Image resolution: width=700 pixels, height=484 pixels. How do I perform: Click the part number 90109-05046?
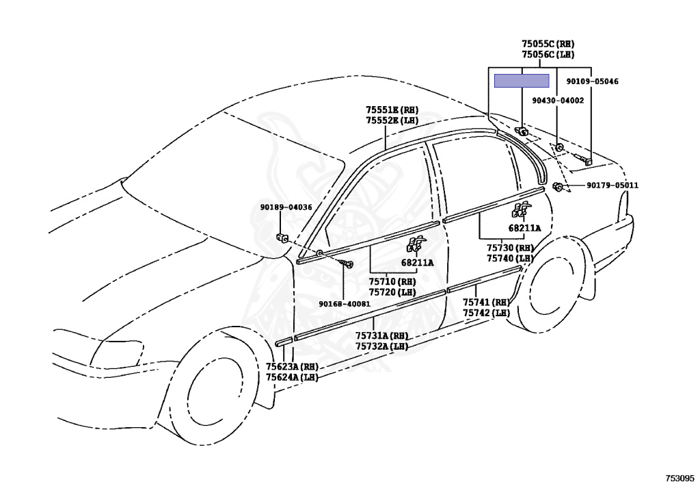[592, 81]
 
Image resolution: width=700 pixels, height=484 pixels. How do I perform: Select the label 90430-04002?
[558, 100]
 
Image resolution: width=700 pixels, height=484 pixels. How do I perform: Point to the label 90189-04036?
[286, 207]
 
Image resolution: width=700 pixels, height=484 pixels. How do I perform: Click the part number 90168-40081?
[345, 304]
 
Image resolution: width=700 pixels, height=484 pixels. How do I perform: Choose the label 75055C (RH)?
[548, 43]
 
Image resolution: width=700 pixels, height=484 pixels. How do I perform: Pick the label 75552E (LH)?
[391, 120]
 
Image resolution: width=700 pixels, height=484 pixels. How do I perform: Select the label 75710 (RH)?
[392, 281]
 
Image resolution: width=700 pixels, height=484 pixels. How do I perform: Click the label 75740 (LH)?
[510, 258]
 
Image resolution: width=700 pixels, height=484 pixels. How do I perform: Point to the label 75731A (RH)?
[381, 336]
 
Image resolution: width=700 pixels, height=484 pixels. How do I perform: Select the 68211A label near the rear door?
[524, 228]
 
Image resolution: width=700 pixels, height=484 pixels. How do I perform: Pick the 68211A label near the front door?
[418, 262]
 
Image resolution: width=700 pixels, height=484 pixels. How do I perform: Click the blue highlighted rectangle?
[522, 81]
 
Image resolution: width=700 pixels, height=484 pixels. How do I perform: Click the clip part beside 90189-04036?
[282, 238]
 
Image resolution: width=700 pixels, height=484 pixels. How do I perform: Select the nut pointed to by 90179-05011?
[558, 186]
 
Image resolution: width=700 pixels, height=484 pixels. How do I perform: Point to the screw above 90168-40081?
[350, 264]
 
